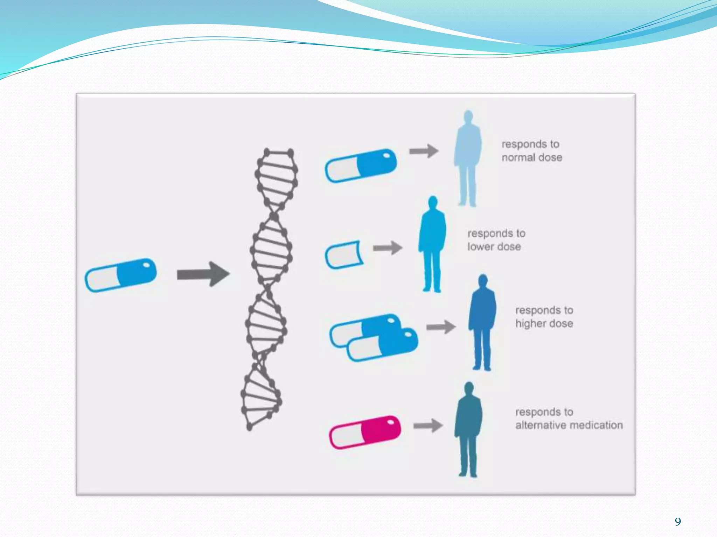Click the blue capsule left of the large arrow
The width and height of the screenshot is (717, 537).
121,275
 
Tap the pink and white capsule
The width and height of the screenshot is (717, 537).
365,432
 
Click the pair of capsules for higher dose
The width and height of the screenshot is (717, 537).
374,337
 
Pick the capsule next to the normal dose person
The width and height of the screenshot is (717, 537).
361,166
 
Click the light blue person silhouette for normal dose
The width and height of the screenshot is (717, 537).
468,159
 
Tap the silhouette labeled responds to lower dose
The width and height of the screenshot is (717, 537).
432,245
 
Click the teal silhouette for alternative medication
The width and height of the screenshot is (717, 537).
468,430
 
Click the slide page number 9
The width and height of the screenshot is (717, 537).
678,522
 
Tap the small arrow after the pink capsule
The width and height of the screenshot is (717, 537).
428,426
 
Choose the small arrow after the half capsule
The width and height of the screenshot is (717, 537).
388,248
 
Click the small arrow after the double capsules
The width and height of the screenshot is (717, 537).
441,327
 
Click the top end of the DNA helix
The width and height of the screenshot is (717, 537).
279,153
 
